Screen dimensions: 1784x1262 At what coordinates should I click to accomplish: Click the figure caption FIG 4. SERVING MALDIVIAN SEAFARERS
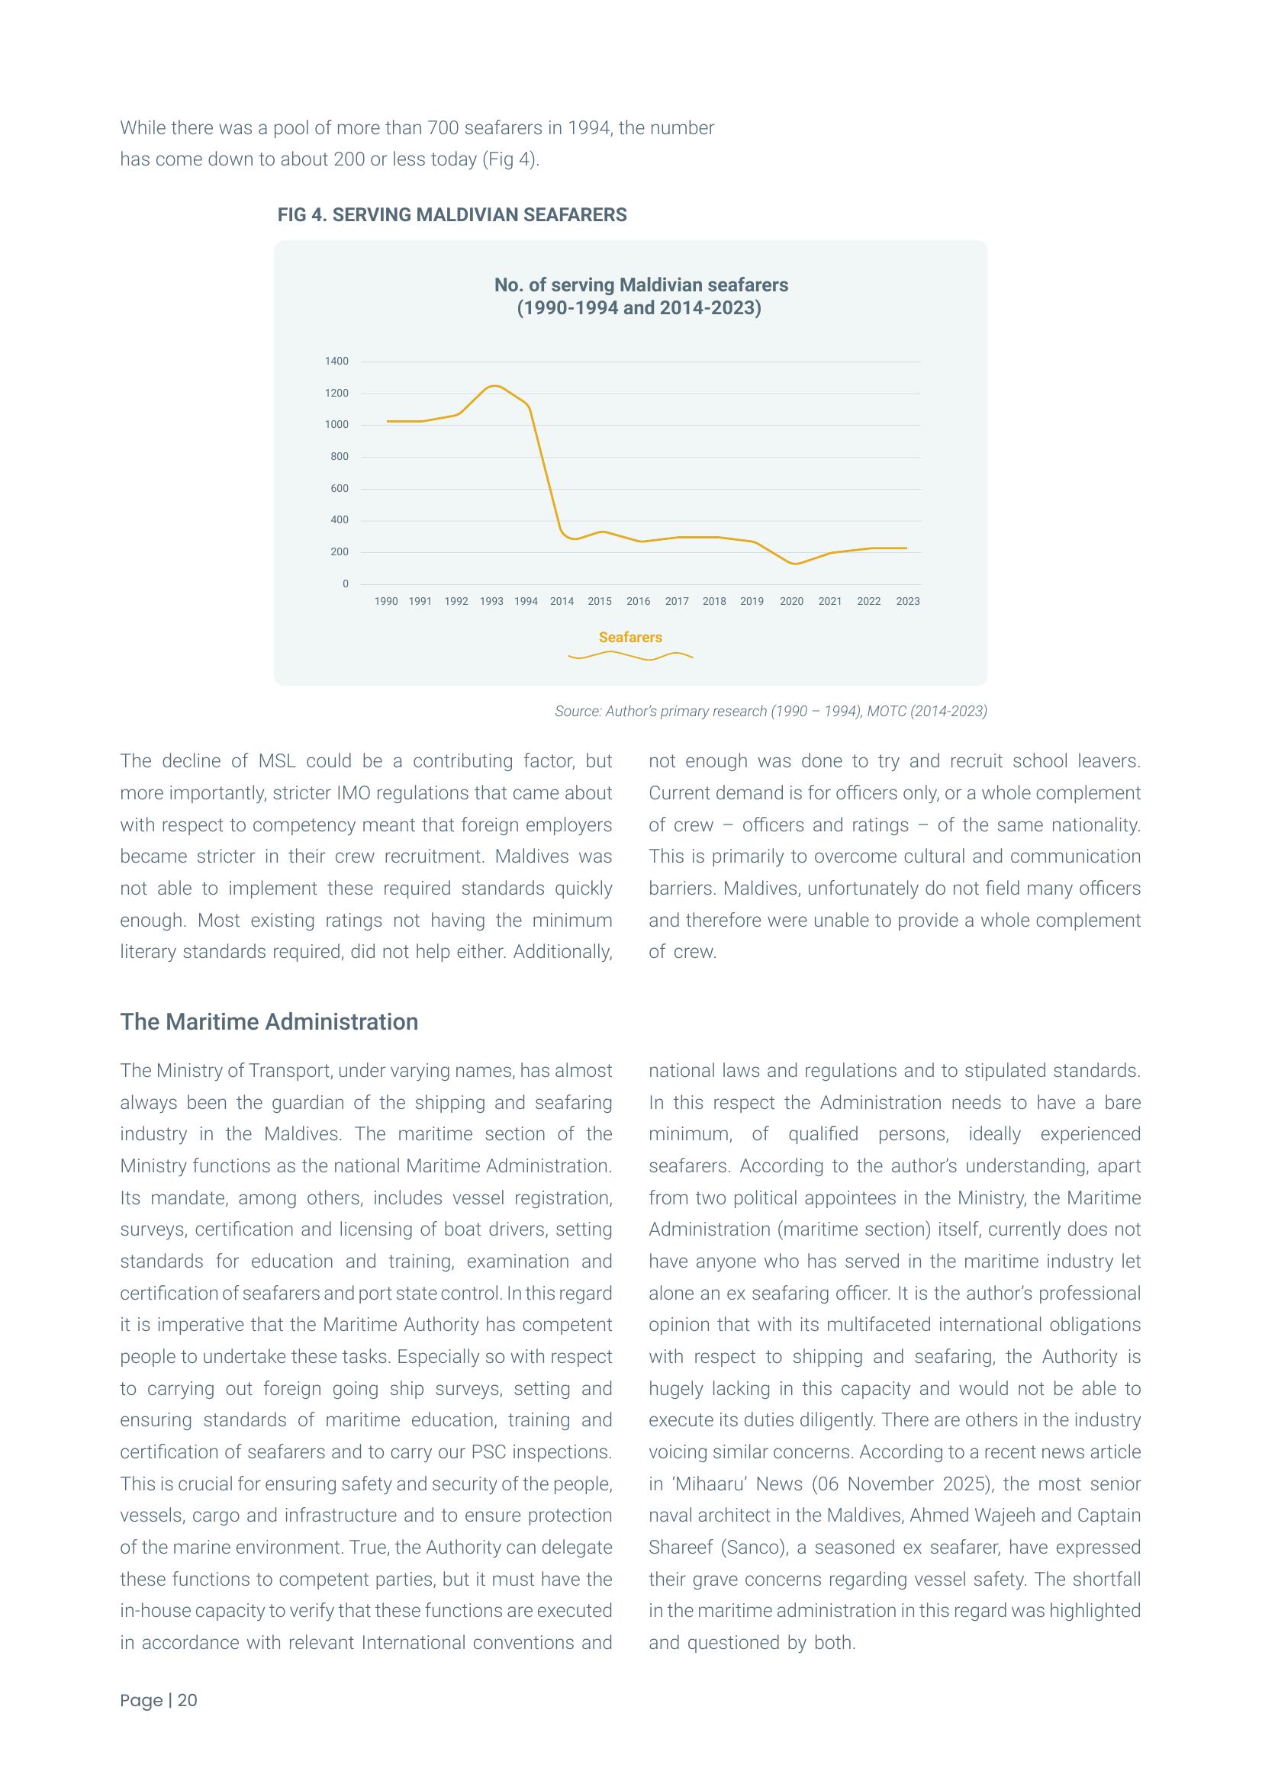point(452,215)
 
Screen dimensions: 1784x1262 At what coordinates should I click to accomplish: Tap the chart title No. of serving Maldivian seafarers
point(640,285)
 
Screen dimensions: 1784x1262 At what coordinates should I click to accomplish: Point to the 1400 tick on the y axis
point(336,362)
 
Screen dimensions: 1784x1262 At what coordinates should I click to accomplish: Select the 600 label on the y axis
point(340,489)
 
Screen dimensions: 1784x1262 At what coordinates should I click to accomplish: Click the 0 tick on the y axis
point(346,584)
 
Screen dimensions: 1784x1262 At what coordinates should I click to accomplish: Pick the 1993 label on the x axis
point(491,601)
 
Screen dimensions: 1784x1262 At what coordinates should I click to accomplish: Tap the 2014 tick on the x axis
point(562,601)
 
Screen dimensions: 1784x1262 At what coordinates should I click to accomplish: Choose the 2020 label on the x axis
point(791,601)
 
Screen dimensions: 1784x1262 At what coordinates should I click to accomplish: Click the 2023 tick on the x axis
point(908,601)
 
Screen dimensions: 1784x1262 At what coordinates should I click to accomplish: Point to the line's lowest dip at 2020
point(794,564)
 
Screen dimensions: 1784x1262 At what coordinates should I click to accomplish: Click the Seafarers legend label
point(630,637)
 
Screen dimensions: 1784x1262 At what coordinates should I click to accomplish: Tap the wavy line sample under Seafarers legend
point(630,656)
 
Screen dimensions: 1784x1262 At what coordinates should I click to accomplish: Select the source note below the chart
point(770,711)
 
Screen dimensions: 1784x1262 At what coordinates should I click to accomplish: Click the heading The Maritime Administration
point(269,1022)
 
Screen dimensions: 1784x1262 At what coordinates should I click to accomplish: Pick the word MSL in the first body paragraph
point(276,761)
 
